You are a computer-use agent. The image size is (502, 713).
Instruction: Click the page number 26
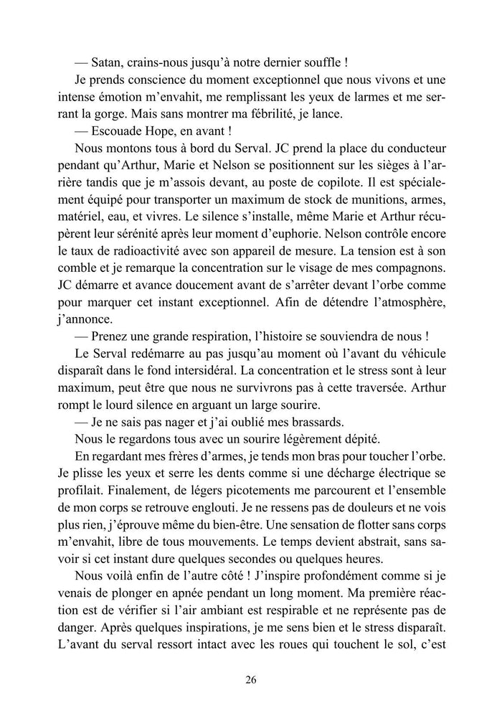(250, 680)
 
